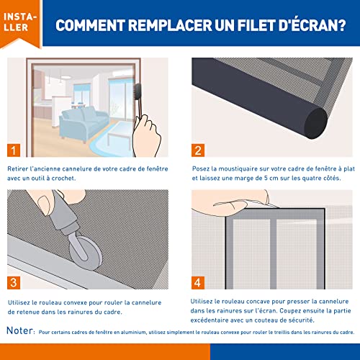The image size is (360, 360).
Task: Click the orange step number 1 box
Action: (14, 150)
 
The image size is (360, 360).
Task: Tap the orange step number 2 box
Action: (198, 150)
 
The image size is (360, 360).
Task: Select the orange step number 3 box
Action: (14, 283)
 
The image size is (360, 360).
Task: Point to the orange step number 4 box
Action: (198, 283)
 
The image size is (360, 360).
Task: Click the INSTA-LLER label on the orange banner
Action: (20, 22)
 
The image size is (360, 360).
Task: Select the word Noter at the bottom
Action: (20, 330)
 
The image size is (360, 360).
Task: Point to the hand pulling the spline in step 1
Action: (146, 135)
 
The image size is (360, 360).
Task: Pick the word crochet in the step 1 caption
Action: (63, 178)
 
